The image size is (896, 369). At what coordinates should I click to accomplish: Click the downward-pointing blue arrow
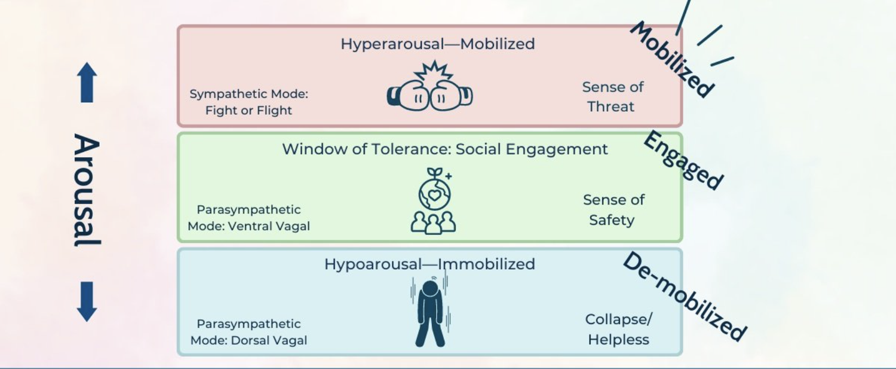(x=87, y=301)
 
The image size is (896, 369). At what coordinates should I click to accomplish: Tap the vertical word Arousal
(x=87, y=190)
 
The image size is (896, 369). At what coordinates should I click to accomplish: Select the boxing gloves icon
(x=429, y=96)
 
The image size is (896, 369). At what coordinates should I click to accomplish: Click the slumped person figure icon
(x=431, y=313)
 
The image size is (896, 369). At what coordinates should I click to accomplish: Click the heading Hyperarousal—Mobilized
(x=437, y=44)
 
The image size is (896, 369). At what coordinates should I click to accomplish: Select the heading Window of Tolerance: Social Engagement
(x=444, y=149)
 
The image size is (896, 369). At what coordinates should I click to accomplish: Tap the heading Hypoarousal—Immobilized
(x=429, y=264)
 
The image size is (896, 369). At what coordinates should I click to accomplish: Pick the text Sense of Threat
(x=612, y=97)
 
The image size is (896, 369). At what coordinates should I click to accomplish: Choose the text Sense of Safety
(x=613, y=210)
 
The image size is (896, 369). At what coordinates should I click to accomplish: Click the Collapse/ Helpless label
(x=618, y=330)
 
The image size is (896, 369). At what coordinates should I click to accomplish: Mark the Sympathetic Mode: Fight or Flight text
(x=248, y=102)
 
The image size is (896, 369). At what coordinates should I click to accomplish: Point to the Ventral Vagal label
(x=249, y=218)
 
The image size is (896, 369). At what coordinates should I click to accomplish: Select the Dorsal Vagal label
(x=249, y=332)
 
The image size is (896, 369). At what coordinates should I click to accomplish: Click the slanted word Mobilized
(x=672, y=59)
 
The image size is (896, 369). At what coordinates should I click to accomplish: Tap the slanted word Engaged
(x=683, y=160)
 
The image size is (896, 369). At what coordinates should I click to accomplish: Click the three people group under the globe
(x=433, y=222)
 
